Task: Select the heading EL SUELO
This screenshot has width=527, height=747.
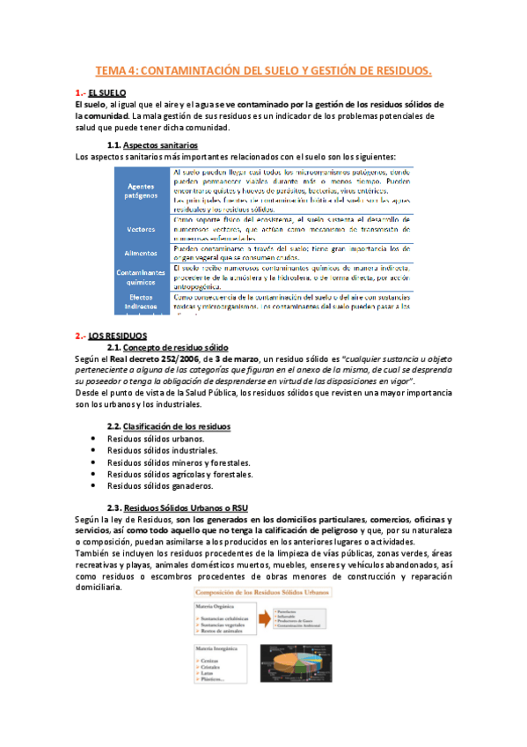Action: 107,92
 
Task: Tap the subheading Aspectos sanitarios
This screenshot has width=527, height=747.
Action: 161,144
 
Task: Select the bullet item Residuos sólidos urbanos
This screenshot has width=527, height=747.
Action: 156,439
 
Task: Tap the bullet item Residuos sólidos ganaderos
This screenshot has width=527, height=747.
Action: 160,485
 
